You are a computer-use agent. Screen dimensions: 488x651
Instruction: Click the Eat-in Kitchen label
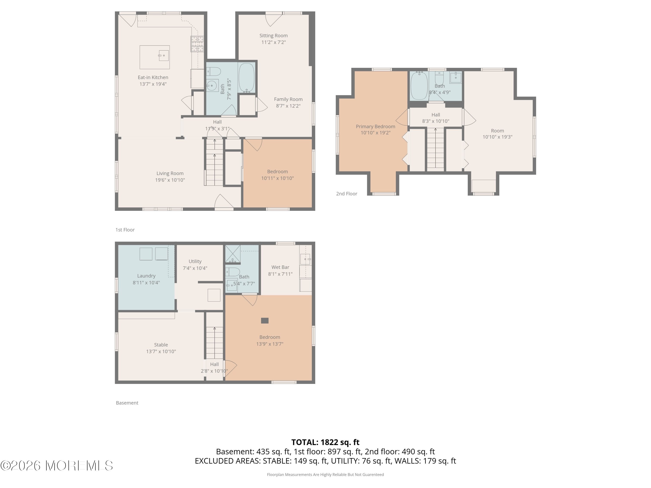(x=153, y=77)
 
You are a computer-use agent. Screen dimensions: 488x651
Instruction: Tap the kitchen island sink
(x=163, y=55)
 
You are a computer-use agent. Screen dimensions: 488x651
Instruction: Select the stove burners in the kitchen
(x=197, y=44)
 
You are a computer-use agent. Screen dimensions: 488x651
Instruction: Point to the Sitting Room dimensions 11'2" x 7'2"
(x=273, y=42)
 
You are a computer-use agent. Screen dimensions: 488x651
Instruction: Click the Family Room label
(x=288, y=99)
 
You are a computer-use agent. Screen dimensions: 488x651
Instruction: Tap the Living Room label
(x=170, y=174)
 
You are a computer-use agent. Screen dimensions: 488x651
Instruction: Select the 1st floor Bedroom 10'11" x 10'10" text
(x=277, y=175)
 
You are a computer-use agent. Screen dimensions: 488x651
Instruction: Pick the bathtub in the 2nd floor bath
(x=419, y=86)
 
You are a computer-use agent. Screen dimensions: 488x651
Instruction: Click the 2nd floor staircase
(x=435, y=149)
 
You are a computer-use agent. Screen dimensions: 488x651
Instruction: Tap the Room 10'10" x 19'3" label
(x=497, y=134)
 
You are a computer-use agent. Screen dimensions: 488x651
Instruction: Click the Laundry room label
(x=146, y=276)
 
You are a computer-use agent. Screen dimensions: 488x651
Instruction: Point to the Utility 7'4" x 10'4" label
(x=195, y=264)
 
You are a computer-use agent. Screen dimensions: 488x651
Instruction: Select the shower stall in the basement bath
(x=232, y=254)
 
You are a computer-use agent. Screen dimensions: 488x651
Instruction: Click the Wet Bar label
(x=280, y=267)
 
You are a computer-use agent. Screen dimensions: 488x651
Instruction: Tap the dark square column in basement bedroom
(x=265, y=321)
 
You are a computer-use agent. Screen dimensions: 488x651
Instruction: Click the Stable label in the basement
(x=161, y=345)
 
